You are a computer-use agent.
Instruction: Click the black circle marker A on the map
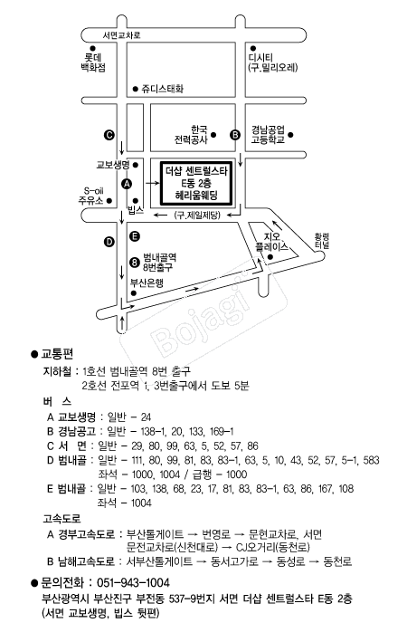(126, 182)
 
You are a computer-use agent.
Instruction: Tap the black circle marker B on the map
(235, 134)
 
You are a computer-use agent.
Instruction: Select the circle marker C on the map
(109, 134)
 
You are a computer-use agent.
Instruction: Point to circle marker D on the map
(109, 242)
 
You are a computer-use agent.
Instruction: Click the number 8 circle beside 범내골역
(134, 263)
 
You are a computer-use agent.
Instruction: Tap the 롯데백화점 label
(89, 62)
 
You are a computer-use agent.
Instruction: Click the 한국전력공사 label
(192, 135)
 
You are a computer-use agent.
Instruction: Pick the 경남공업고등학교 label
(269, 135)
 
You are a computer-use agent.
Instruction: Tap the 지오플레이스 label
(271, 239)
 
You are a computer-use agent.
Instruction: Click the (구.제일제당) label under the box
(198, 216)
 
